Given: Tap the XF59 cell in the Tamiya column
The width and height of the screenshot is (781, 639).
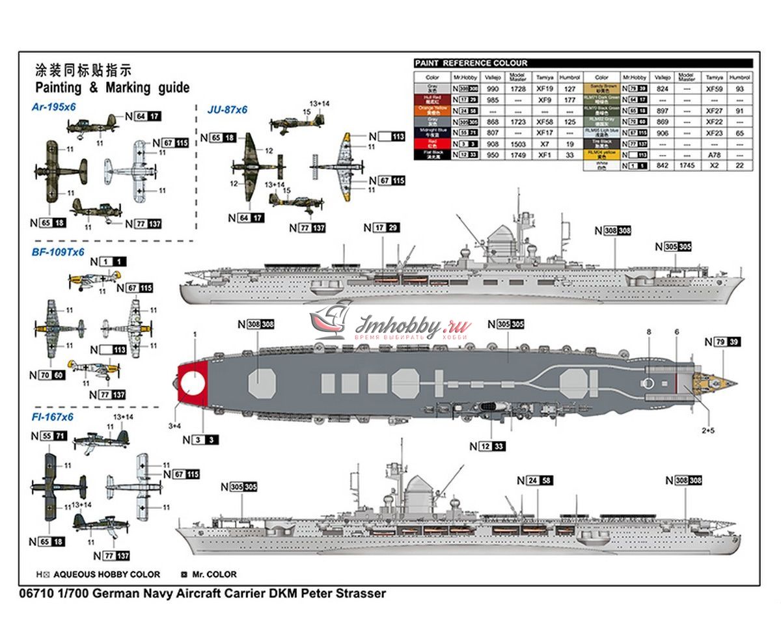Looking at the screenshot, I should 714,88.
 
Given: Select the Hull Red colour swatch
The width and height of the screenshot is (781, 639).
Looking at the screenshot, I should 432,100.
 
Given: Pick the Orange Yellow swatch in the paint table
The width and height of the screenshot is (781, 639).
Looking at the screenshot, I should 432,111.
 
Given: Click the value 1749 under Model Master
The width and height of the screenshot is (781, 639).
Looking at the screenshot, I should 518,155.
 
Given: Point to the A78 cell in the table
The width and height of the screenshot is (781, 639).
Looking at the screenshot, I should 714,155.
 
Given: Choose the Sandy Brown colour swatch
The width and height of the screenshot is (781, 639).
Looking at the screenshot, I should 601,88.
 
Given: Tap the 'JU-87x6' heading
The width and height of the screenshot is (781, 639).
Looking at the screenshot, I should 227,110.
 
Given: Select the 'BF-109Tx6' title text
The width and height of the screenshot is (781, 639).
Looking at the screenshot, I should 58,251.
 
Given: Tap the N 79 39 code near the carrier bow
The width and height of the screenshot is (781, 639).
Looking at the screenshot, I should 725,342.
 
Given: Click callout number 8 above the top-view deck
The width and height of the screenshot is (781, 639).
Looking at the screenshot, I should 648,333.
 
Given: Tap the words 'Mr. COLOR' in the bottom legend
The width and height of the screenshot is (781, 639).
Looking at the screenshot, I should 213,575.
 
